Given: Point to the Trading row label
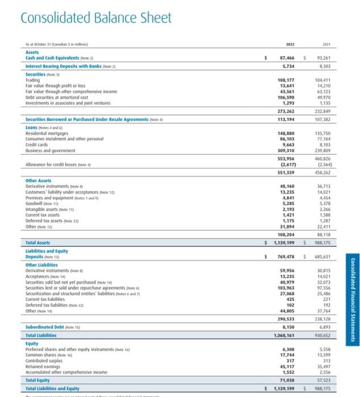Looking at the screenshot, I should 33,79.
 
